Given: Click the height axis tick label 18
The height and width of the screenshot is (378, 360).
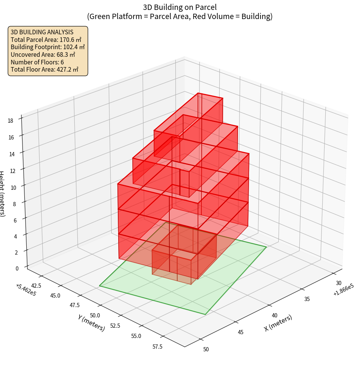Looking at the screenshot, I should click(10, 121).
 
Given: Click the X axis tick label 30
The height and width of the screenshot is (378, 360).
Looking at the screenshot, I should click(339, 283).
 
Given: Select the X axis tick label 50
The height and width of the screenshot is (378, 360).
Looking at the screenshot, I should click(206, 349).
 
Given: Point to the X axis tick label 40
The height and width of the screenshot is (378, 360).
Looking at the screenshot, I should click(275, 315).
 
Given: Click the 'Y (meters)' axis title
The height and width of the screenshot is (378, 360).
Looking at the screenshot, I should click(91, 323).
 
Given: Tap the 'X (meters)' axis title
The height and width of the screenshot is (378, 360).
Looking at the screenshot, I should click(278, 323).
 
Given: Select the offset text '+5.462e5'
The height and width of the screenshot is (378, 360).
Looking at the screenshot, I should click(26, 290).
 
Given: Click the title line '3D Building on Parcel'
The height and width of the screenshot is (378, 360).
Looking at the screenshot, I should click(180, 7).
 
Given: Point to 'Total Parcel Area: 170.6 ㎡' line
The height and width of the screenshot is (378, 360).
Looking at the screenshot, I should click(46, 39).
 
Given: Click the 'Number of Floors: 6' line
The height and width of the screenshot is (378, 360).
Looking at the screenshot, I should click(37, 62).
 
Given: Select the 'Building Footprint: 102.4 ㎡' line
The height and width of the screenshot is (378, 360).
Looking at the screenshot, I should click(48, 47).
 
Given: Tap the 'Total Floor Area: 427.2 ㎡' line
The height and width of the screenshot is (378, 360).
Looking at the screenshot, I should click(45, 70).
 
